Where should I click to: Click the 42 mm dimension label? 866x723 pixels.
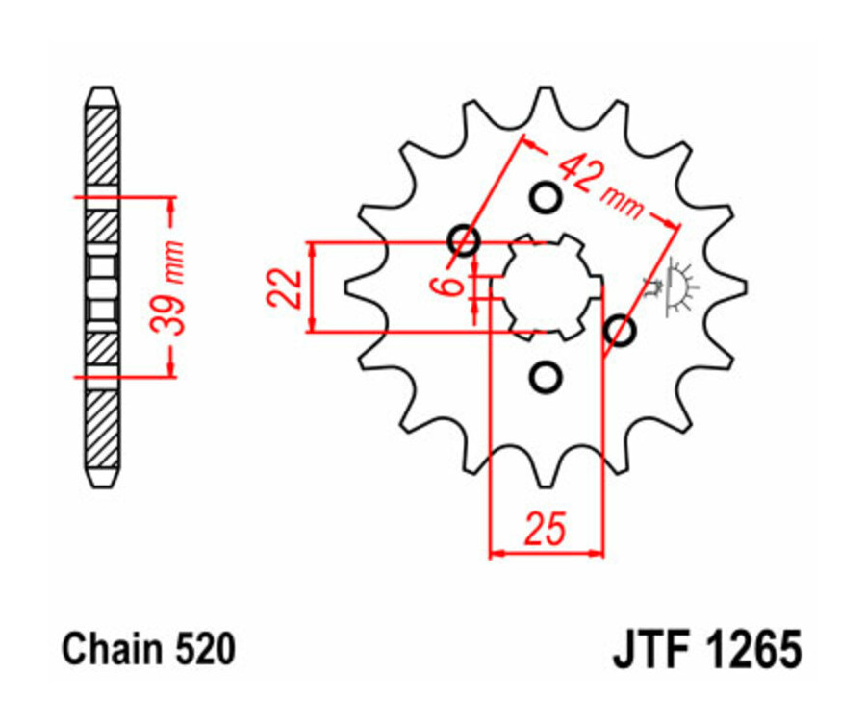[601, 187]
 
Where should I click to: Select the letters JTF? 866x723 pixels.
[649, 650]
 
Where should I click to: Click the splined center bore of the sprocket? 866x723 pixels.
[546, 287]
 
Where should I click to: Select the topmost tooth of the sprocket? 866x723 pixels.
[546, 96]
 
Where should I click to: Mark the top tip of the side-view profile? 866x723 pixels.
[102, 90]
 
